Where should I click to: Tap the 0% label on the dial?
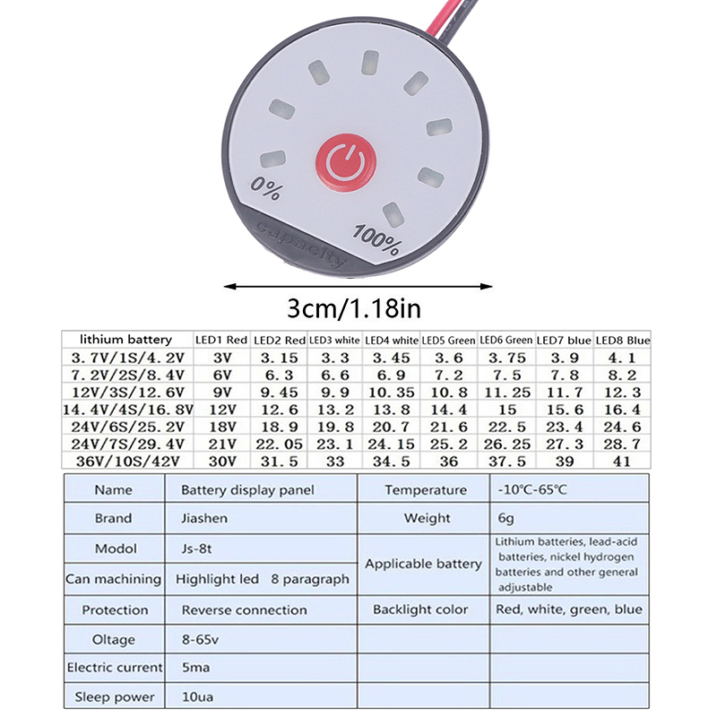coord(266,189)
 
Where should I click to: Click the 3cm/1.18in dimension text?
coord(353,309)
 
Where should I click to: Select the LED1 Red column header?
coord(220,341)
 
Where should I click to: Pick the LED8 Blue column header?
coord(622,341)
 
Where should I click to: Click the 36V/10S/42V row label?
coord(125,461)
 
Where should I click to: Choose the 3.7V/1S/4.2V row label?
coord(125,358)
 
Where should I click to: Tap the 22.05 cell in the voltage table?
coord(281,444)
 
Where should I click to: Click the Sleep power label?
coord(115,696)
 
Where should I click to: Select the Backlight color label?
coord(420,609)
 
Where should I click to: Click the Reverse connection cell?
coord(244,609)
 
